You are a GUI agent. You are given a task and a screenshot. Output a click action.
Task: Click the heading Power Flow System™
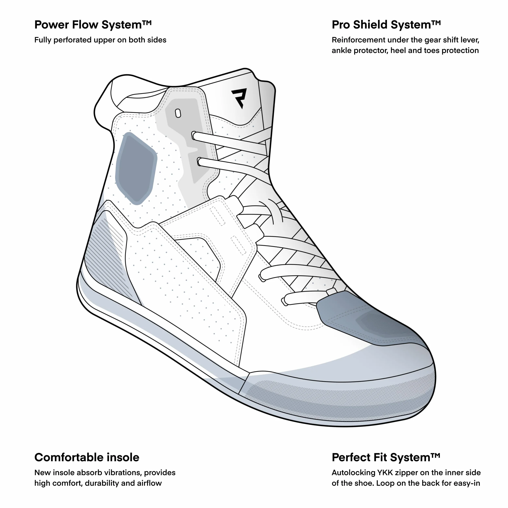click(93, 25)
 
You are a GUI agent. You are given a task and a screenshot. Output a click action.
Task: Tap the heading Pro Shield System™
click(386, 25)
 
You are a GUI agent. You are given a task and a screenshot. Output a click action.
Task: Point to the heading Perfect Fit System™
click(386, 458)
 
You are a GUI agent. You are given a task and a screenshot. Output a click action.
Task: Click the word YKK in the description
click(385, 473)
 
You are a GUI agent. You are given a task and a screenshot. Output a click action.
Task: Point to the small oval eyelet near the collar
click(178, 113)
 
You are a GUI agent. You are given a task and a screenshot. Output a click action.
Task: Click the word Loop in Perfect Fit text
click(386, 483)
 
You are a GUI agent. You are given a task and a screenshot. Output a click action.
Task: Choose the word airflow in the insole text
click(149, 483)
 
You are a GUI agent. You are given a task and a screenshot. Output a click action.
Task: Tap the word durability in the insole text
click(102, 483)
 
